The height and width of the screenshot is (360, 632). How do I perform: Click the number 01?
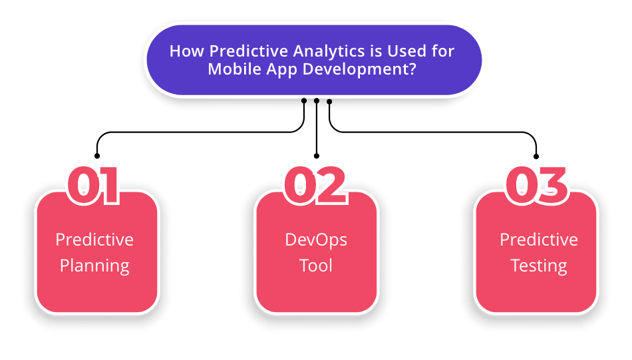pyautogui.click(x=94, y=186)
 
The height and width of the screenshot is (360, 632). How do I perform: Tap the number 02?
pyautogui.click(x=315, y=186)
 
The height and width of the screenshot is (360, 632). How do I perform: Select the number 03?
pyautogui.click(x=536, y=186)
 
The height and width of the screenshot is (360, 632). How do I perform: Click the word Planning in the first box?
pyautogui.click(x=94, y=266)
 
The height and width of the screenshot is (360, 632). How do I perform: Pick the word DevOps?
pyautogui.click(x=316, y=240)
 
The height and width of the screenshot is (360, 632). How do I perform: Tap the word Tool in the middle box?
pyautogui.click(x=316, y=266)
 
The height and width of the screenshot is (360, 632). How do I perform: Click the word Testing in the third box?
pyautogui.click(x=539, y=266)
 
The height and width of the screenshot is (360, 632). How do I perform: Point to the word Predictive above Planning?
pyautogui.click(x=94, y=240)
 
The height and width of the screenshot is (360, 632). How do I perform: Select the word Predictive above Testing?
pyautogui.click(x=539, y=240)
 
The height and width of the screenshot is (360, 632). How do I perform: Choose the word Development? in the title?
pyautogui.click(x=359, y=69)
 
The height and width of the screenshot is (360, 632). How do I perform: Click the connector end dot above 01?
pyautogui.click(x=96, y=156)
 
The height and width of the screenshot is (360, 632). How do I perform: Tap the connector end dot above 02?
pyautogui.click(x=317, y=156)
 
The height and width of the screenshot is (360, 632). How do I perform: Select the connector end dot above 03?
pyautogui.click(x=536, y=156)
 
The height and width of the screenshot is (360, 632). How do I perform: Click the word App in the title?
pyautogui.click(x=282, y=70)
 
